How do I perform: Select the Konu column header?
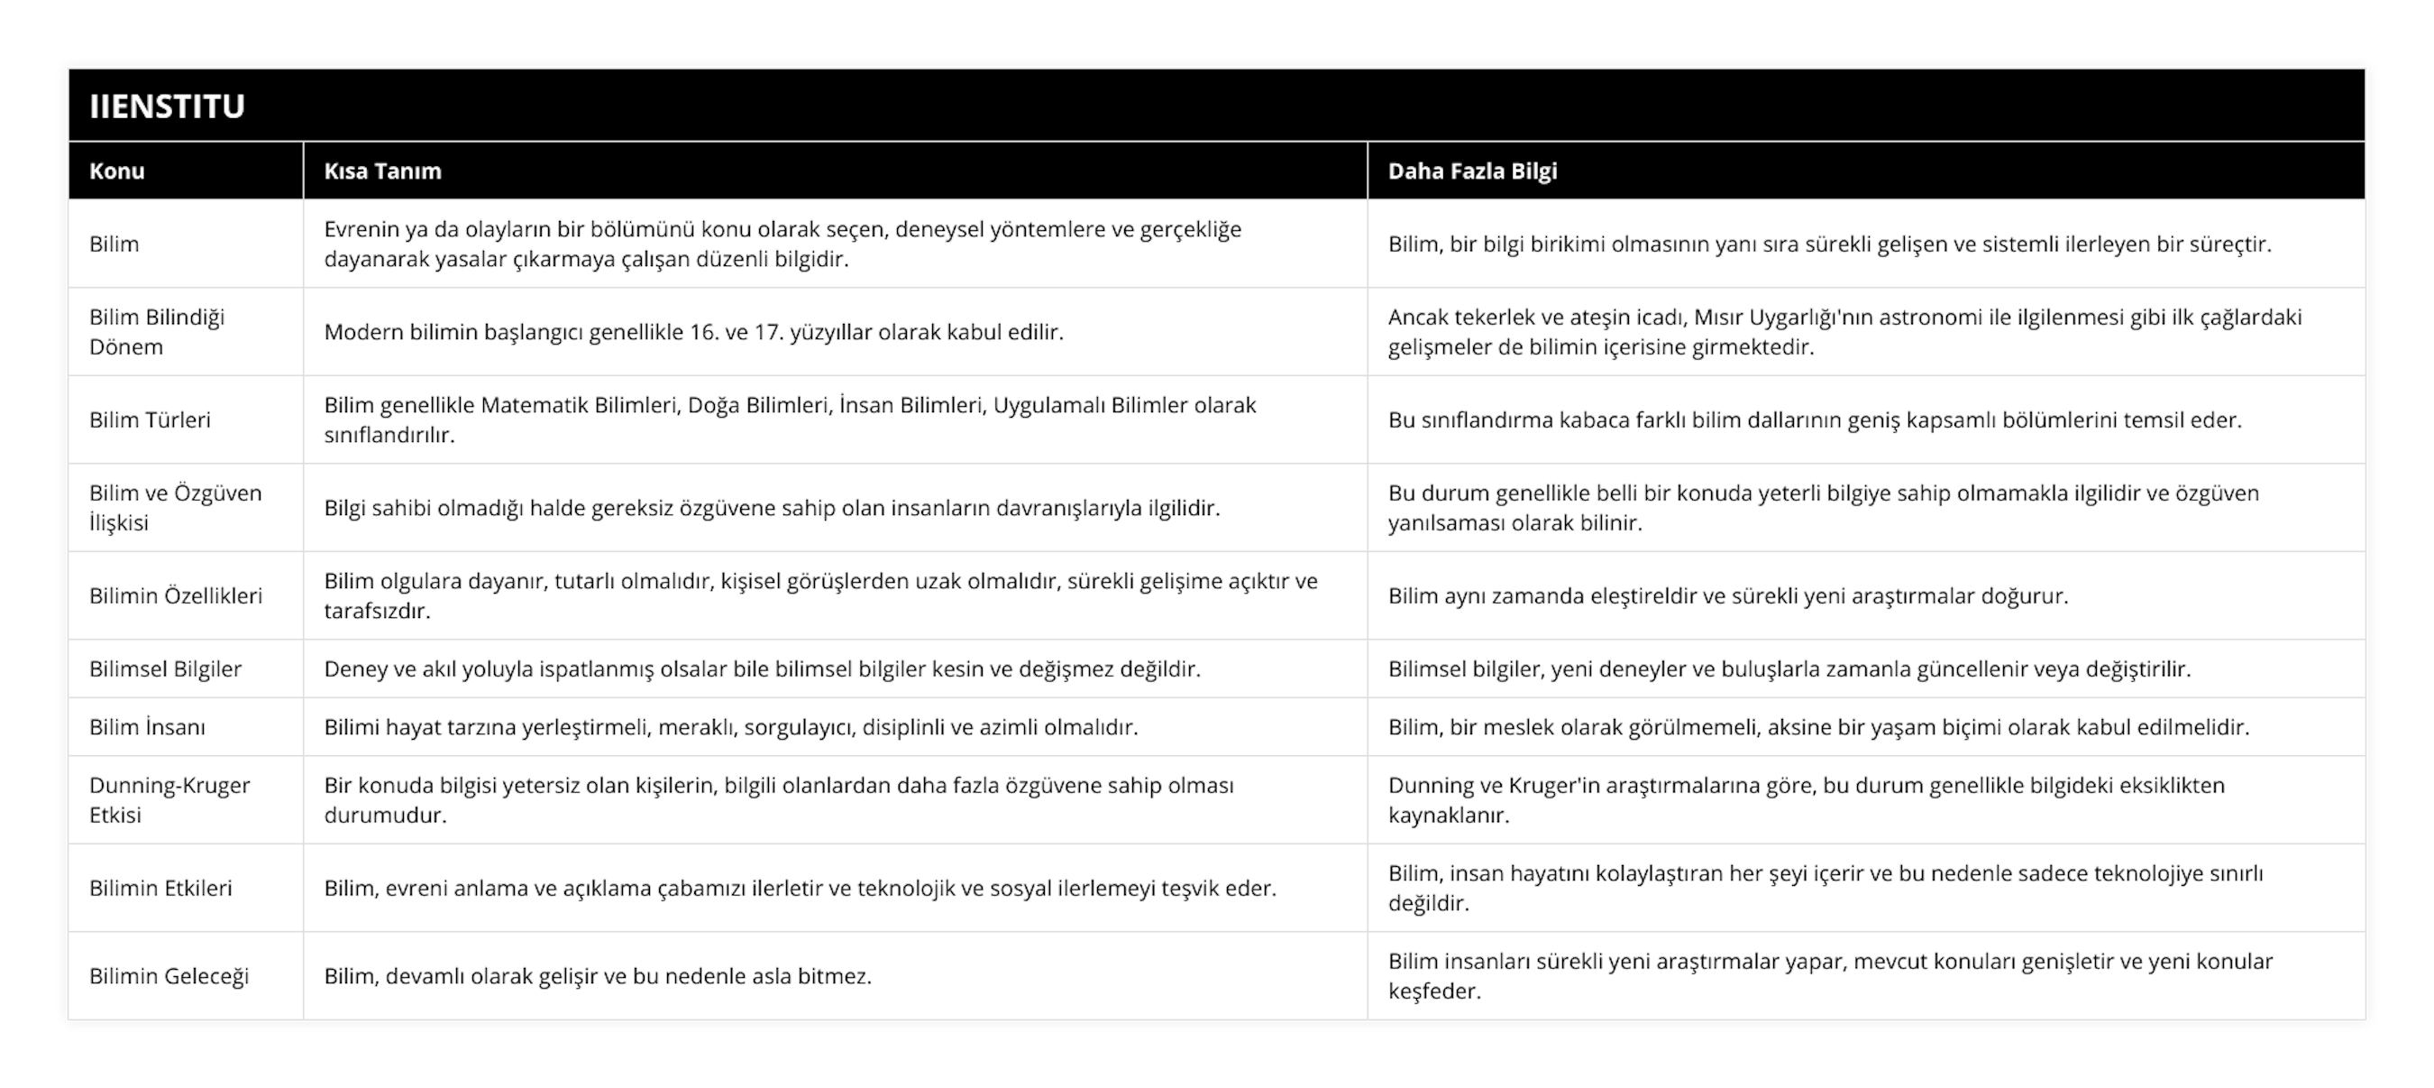(x=116, y=171)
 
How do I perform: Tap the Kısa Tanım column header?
(x=381, y=171)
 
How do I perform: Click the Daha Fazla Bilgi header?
(x=1472, y=171)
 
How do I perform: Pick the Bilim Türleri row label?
(x=150, y=420)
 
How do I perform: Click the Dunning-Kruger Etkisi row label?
(x=169, y=799)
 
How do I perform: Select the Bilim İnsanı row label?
(x=146, y=727)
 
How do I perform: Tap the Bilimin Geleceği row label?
(x=169, y=975)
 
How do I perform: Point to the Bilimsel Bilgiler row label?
(x=164, y=669)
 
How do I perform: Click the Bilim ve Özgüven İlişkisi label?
(x=175, y=508)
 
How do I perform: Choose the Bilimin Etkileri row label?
(x=160, y=888)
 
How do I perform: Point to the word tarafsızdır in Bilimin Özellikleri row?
(x=376, y=611)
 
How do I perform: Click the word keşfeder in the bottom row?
(x=1433, y=991)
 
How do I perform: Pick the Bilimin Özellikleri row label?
(x=175, y=595)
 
